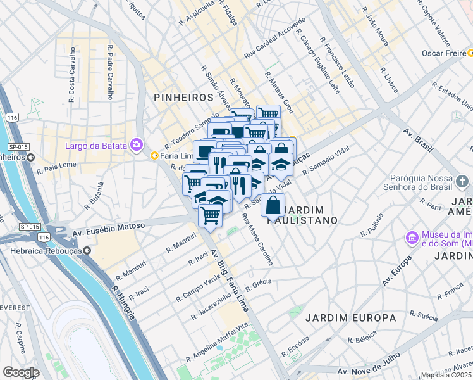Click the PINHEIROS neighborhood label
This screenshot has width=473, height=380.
(x=183, y=97)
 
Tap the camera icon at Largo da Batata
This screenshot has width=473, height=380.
(x=136, y=145)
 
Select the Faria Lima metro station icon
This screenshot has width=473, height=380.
(x=154, y=155)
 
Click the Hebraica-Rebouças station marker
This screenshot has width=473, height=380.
(x=87, y=250)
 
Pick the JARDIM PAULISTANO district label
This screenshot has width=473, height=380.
(x=309, y=215)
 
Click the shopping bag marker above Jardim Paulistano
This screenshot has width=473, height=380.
(x=273, y=206)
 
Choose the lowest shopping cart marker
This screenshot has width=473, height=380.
(x=210, y=215)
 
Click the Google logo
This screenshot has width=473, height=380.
(x=21, y=372)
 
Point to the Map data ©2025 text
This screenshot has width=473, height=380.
(x=446, y=375)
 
